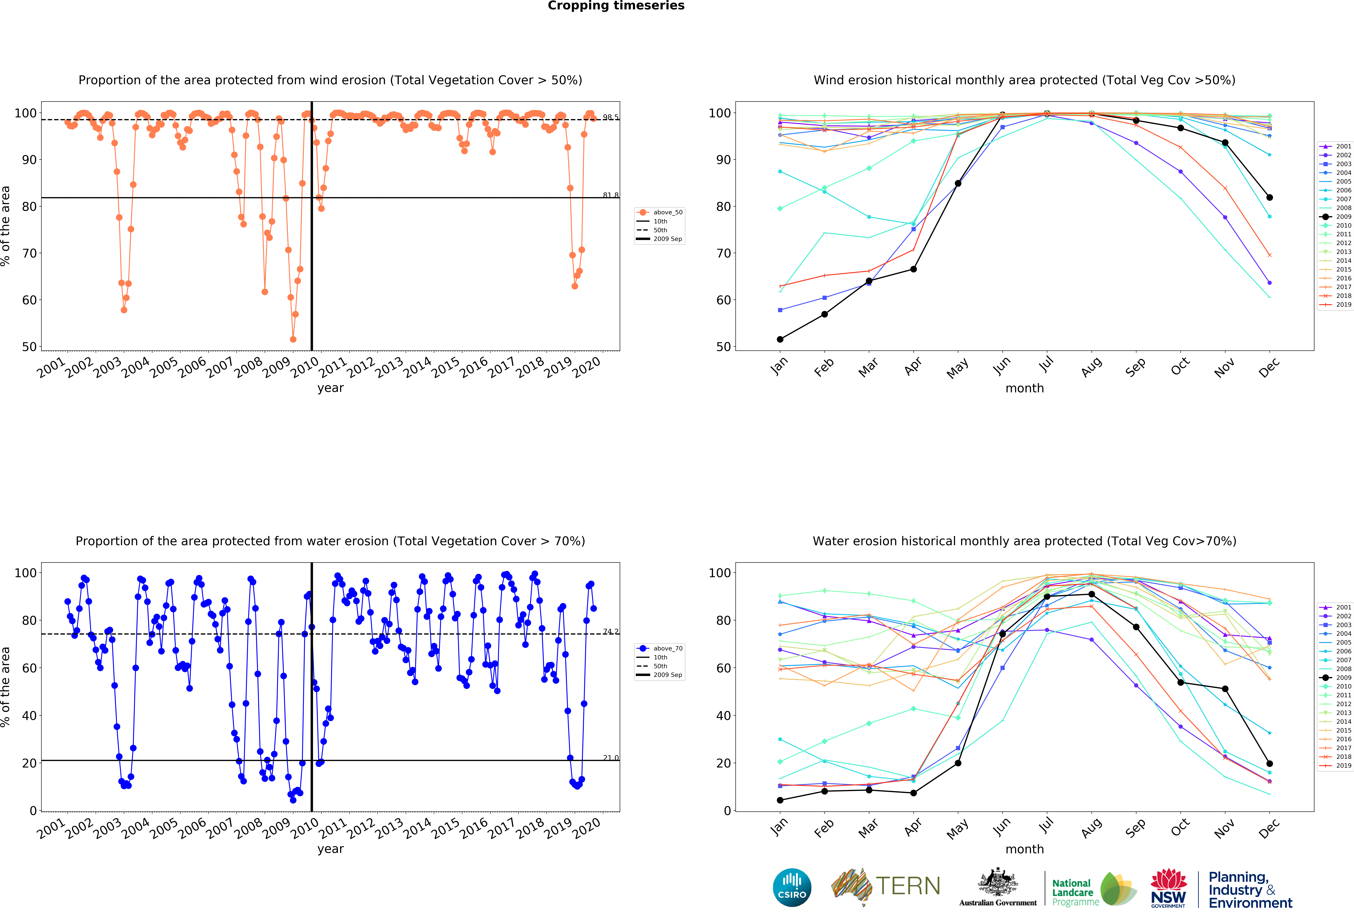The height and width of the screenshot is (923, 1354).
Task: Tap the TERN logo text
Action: click(908, 886)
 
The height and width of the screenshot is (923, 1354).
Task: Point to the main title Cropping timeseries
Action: click(616, 6)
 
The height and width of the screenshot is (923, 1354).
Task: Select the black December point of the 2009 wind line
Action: click(1269, 198)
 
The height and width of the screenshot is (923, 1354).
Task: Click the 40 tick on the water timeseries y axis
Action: click(29, 716)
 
